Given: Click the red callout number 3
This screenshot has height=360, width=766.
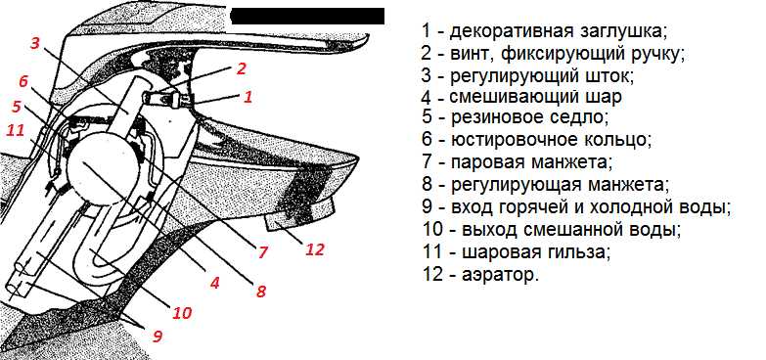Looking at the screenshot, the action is (x=34, y=42).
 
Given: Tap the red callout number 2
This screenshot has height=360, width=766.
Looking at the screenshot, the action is (x=241, y=68).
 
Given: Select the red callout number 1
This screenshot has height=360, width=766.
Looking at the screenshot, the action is (x=248, y=97).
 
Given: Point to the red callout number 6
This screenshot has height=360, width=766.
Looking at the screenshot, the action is (x=23, y=81).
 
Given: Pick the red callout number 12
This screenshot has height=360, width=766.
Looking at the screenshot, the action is (x=315, y=249).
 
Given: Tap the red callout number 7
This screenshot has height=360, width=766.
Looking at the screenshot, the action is (x=263, y=252).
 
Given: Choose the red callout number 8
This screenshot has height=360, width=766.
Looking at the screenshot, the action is (x=260, y=292).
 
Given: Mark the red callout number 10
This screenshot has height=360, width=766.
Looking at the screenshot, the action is (x=182, y=312).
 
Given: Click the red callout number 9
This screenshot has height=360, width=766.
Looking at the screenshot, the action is (x=157, y=337).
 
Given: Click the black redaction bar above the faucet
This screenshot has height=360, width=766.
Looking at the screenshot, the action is (x=307, y=16).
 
